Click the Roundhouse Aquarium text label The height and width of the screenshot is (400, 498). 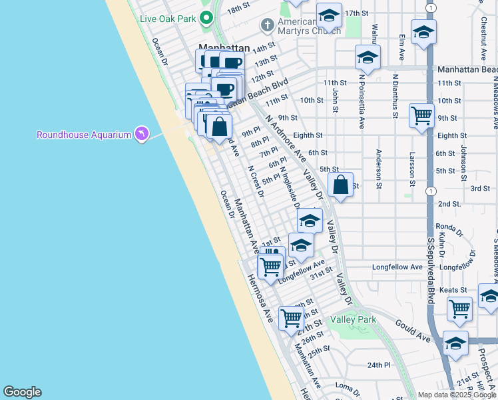pyautogui.click(x=84, y=135)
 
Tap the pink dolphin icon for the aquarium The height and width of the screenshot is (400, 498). pyautogui.click(x=140, y=135)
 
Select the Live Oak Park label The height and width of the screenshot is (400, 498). pyautogui.click(x=168, y=19)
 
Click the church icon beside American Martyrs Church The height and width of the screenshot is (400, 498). pyautogui.click(x=268, y=25)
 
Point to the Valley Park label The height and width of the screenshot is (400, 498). pyautogui.click(x=354, y=320)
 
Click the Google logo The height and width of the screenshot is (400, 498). pyautogui.click(x=22, y=392)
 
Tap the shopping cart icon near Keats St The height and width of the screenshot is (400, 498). pyautogui.click(x=460, y=309)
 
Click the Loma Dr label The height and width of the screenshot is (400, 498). pyautogui.click(x=347, y=386)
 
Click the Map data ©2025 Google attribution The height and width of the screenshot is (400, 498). pyautogui.click(x=457, y=395)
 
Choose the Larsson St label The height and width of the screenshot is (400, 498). pyautogui.click(x=413, y=169)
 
